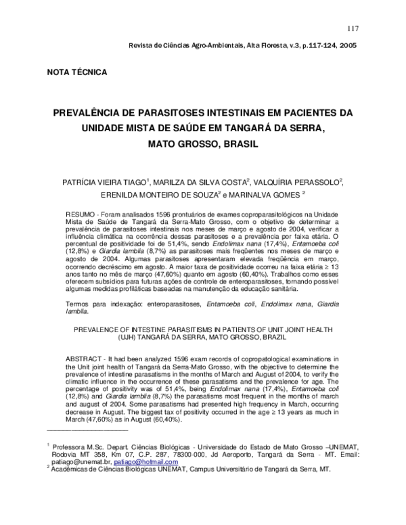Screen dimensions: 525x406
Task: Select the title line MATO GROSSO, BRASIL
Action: click(203, 144)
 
